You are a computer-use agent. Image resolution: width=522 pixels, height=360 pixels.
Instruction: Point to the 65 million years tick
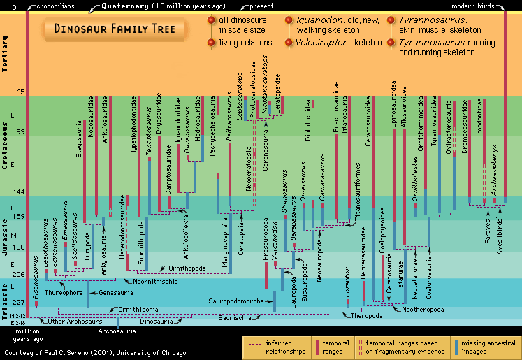[20, 92]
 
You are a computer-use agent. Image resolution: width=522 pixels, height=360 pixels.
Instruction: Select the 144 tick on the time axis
[20, 192]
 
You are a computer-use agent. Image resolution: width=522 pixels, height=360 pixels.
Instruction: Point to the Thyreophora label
[65, 293]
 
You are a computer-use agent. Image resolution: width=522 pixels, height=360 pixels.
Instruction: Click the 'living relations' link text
[245, 43]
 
